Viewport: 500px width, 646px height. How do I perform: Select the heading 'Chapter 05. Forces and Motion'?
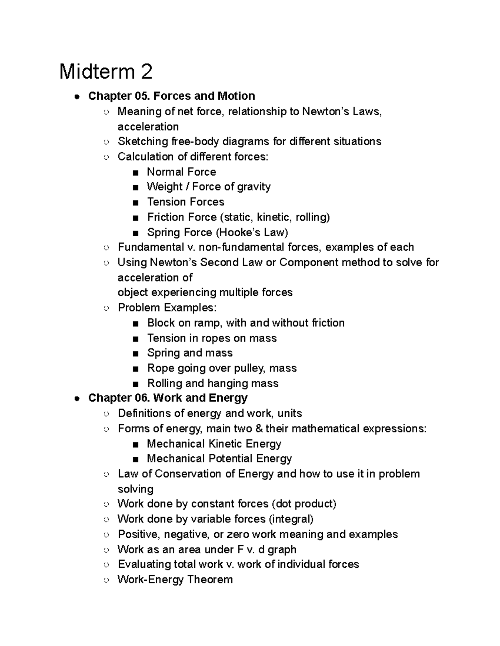(x=171, y=96)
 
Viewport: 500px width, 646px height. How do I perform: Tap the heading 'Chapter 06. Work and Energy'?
(x=167, y=398)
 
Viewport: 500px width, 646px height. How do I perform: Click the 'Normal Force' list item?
(x=181, y=172)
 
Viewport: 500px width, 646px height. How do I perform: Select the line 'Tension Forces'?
(x=185, y=202)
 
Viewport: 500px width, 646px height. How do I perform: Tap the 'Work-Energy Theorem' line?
(x=175, y=579)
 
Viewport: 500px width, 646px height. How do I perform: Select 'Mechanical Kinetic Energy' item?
(x=214, y=444)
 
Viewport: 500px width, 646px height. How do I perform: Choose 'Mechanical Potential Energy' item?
(x=219, y=459)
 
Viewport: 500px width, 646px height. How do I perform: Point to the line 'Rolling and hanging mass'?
(x=212, y=383)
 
